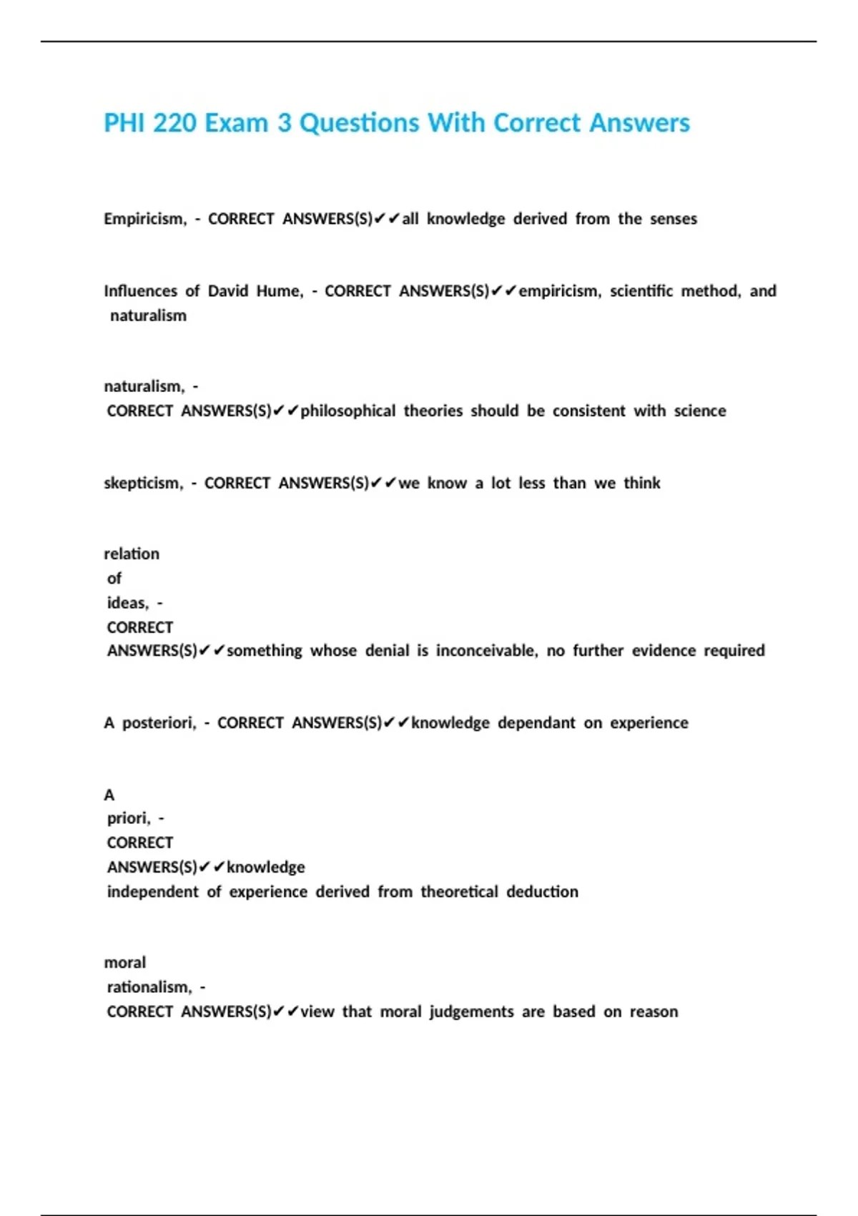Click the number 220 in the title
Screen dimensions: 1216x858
pyautogui.click(x=174, y=123)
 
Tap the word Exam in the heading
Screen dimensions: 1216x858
pyautogui.click(x=237, y=123)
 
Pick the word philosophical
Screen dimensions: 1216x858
pyautogui.click(x=347, y=411)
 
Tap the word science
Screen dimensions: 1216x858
pyautogui.click(x=700, y=411)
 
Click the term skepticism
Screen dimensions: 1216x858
pyautogui.click(x=142, y=484)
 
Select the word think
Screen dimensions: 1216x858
pyautogui.click(x=641, y=484)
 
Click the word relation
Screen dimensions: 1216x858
pyautogui.click(x=132, y=554)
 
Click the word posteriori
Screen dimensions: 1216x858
pyautogui.click(x=159, y=723)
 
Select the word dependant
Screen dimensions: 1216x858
pyautogui.click(x=536, y=723)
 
